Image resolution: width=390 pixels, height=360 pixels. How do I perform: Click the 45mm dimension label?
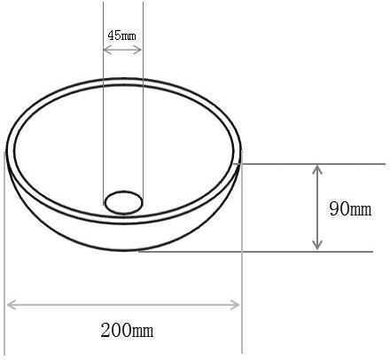[122, 36]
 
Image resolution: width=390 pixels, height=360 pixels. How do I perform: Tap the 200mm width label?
[127, 331]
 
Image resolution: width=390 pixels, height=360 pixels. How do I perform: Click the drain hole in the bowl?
[123, 201]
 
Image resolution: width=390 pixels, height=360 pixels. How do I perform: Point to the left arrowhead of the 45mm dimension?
[106, 50]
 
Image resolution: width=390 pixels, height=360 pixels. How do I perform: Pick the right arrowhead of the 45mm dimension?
[138, 50]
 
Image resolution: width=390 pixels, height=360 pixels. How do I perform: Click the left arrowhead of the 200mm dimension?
[11, 304]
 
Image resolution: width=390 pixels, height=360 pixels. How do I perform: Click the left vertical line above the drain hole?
[103, 115]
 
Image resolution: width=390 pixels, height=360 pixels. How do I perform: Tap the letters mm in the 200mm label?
[142, 332]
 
